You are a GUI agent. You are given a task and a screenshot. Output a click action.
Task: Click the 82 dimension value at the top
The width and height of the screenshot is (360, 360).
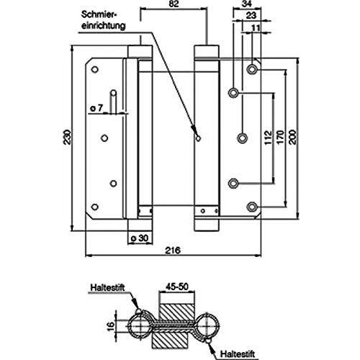[x=174, y=4]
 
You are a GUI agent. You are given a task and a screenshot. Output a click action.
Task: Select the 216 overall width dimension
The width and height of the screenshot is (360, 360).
[x=173, y=251]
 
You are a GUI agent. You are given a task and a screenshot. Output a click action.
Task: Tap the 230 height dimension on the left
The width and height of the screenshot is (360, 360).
[x=68, y=137]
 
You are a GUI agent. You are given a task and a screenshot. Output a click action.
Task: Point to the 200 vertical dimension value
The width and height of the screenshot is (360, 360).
[x=292, y=137]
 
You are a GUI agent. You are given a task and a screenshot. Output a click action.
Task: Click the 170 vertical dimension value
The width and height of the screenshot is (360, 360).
[x=280, y=137]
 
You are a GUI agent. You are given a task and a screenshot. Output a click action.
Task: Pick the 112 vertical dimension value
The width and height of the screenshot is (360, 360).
[x=268, y=137]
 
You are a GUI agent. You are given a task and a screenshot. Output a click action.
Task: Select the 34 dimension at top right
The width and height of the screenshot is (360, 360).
[x=247, y=4]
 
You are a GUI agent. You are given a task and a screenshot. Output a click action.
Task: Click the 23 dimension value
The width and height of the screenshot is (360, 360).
[x=251, y=16]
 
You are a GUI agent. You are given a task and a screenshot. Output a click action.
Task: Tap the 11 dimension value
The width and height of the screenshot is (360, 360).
[x=256, y=28]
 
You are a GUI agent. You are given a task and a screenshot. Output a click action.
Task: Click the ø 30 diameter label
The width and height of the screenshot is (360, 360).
[x=140, y=238]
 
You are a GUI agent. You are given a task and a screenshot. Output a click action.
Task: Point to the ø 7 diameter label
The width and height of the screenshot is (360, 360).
[x=96, y=108]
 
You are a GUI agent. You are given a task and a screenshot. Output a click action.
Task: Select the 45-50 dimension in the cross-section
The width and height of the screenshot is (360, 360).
[x=176, y=287]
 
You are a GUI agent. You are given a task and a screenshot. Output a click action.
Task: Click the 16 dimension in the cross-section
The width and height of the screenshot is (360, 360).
[x=111, y=326]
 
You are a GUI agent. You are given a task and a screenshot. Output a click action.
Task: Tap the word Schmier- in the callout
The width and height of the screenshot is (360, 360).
[x=99, y=15]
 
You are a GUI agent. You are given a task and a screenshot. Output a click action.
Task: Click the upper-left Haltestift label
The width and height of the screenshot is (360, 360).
[x=107, y=287]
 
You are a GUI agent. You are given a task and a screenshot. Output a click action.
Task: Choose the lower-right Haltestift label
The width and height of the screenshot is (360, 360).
[x=238, y=354]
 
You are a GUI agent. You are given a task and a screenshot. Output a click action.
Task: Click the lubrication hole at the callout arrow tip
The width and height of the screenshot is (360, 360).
[x=198, y=138]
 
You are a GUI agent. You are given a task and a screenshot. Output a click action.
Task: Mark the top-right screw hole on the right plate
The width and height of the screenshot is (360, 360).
[x=252, y=69]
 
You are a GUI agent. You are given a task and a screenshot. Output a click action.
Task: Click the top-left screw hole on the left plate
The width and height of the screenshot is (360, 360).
[x=95, y=70]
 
